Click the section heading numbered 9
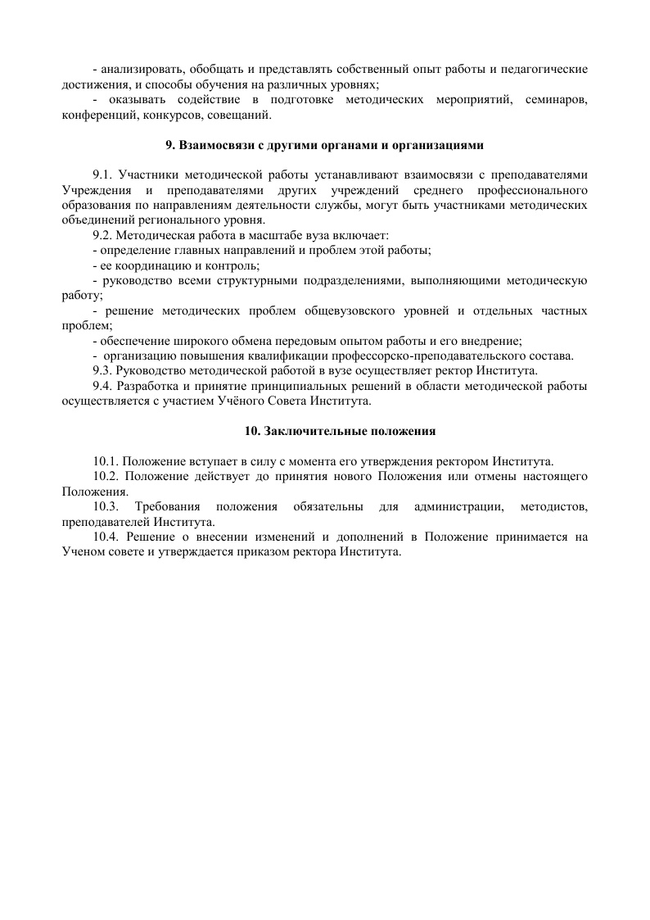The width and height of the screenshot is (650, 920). click(325, 146)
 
